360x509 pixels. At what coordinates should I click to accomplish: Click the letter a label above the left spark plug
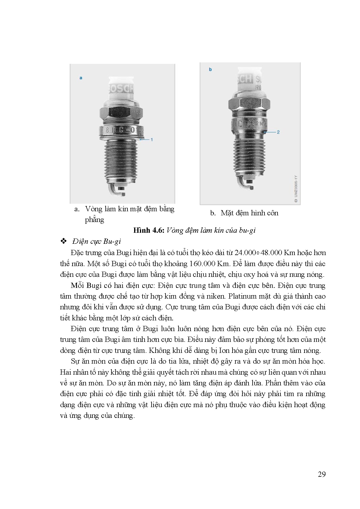(81, 78)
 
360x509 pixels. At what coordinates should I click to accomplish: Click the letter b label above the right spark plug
(210, 69)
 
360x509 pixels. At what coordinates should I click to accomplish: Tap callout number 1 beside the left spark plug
(152, 140)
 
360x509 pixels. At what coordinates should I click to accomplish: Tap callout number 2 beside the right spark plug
(278, 132)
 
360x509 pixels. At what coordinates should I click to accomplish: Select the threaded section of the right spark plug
(250, 157)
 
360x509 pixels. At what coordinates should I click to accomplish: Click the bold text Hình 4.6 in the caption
(149, 230)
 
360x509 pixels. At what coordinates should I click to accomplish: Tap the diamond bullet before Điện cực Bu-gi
(63, 241)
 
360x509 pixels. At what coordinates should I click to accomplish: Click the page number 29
(322, 474)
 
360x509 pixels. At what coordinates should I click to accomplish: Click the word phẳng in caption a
(94, 220)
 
